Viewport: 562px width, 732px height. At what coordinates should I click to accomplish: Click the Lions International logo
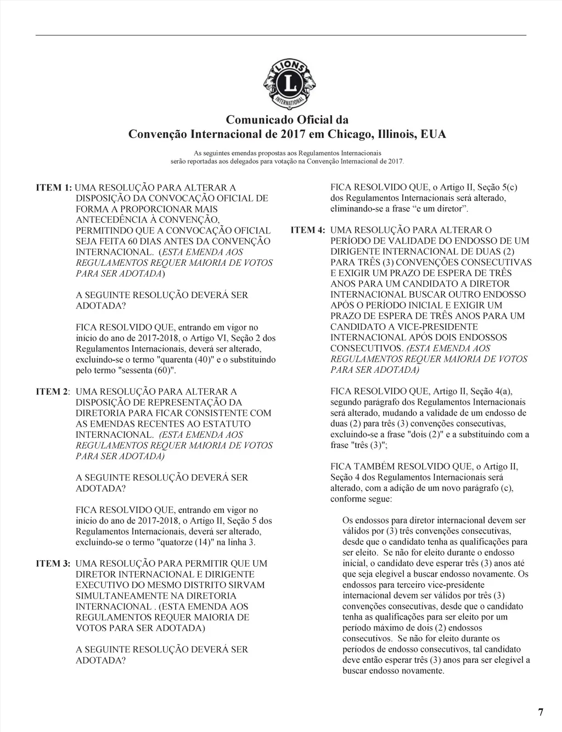(289, 85)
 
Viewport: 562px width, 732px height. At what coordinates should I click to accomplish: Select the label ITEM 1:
(54, 188)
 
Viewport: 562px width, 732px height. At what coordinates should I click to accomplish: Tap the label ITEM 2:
(53, 392)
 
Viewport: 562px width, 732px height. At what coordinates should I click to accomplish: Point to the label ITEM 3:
(54, 564)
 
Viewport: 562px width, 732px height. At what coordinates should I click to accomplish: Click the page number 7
(541, 713)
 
